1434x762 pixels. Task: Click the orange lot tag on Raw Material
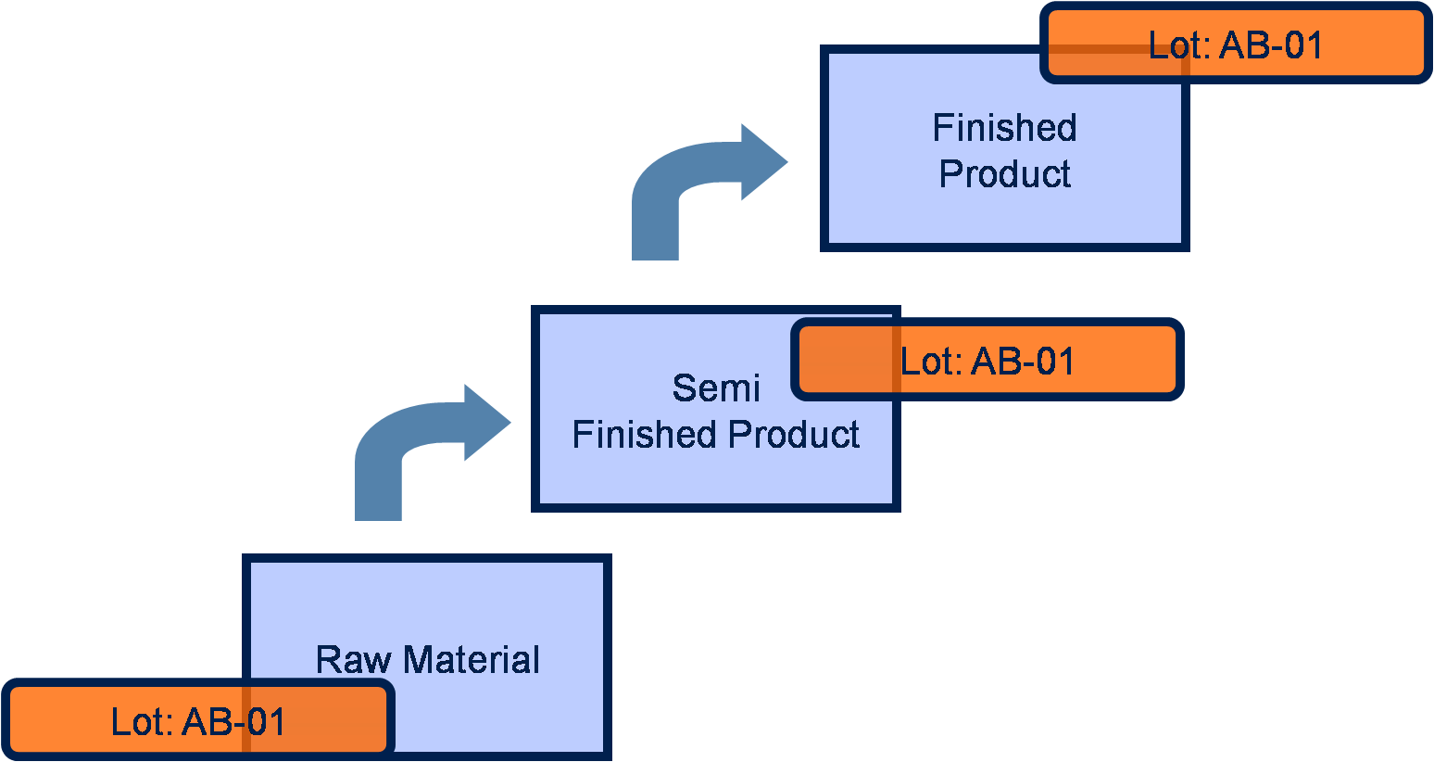198,720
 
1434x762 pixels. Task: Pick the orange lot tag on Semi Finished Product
987,360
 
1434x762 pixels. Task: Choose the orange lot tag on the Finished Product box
1236,44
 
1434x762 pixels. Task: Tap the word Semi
716,388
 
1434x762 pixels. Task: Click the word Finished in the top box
1005,128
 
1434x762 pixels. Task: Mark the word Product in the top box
1005,174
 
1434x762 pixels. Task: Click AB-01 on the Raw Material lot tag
234,722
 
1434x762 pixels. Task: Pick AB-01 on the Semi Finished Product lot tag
1024,362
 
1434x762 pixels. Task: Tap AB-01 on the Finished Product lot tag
1272,45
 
